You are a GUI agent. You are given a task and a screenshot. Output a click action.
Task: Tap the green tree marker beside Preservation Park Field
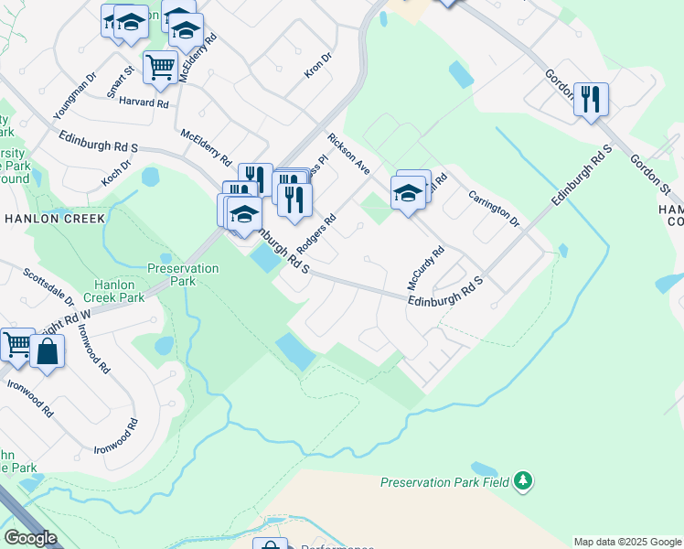[522, 481]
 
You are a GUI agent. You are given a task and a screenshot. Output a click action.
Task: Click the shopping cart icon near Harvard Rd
[160, 67]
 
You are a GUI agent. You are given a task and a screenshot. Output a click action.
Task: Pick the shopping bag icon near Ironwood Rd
[48, 351]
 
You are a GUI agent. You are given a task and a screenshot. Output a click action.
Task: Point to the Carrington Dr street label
[494, 209]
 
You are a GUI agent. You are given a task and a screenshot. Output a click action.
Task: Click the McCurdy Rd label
[425, 263]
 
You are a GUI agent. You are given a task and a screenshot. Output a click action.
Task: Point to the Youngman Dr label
[74, 96]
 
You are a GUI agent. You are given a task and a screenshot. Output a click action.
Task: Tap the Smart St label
[120, 81]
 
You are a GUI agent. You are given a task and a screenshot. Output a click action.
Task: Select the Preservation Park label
[183, 274]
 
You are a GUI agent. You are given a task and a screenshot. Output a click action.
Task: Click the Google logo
[31, 538]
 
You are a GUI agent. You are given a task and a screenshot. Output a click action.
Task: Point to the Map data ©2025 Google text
[627, 542]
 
